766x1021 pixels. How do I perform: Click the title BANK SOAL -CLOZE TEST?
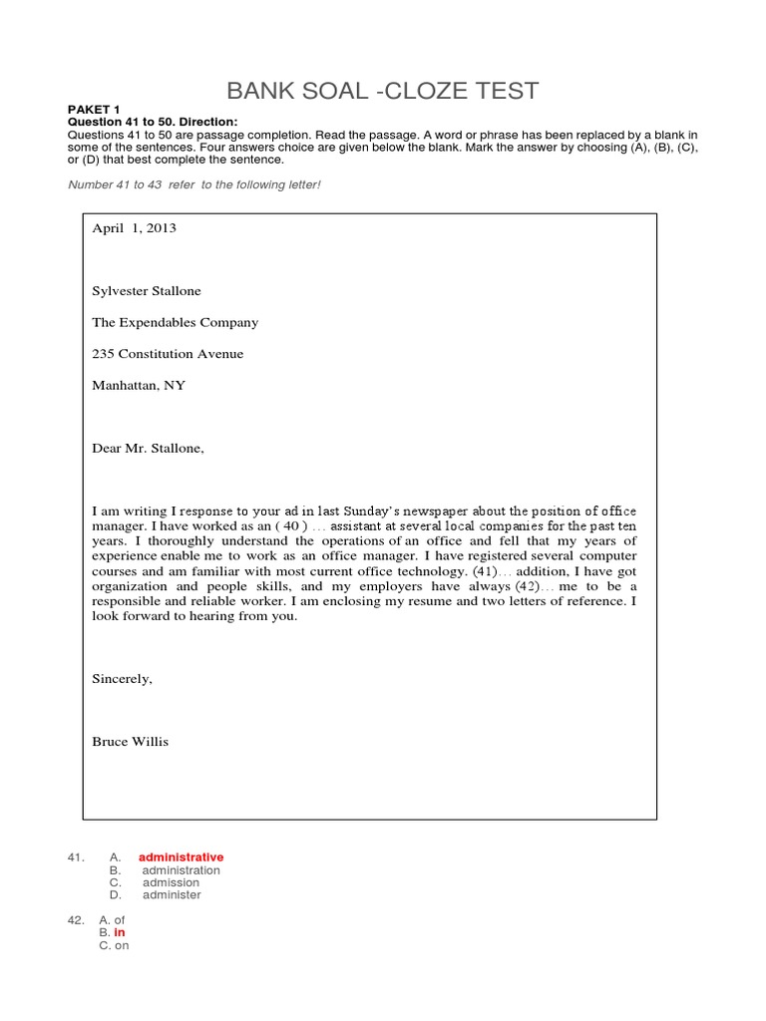[383, 91]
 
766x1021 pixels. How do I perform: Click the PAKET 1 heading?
[93, 110]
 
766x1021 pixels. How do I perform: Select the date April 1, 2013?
[134, 228]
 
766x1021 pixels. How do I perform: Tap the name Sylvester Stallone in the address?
[147, 291]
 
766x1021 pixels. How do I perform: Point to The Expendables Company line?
[175, 322]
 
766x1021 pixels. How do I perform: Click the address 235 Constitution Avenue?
[168, 354]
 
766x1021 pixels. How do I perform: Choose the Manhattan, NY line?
[139, 385]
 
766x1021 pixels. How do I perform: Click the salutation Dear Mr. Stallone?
[148, 449]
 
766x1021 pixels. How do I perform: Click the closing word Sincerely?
[123, 679]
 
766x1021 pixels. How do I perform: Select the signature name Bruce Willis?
[131, 742]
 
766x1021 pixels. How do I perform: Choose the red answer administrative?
[181, 857]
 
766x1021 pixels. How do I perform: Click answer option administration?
[181, 870]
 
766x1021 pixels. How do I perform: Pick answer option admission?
[171, 882]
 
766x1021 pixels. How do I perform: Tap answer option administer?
[172, 894]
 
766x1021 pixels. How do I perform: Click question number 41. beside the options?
[74, 857]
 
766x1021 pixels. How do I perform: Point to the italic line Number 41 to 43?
[193, 185]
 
